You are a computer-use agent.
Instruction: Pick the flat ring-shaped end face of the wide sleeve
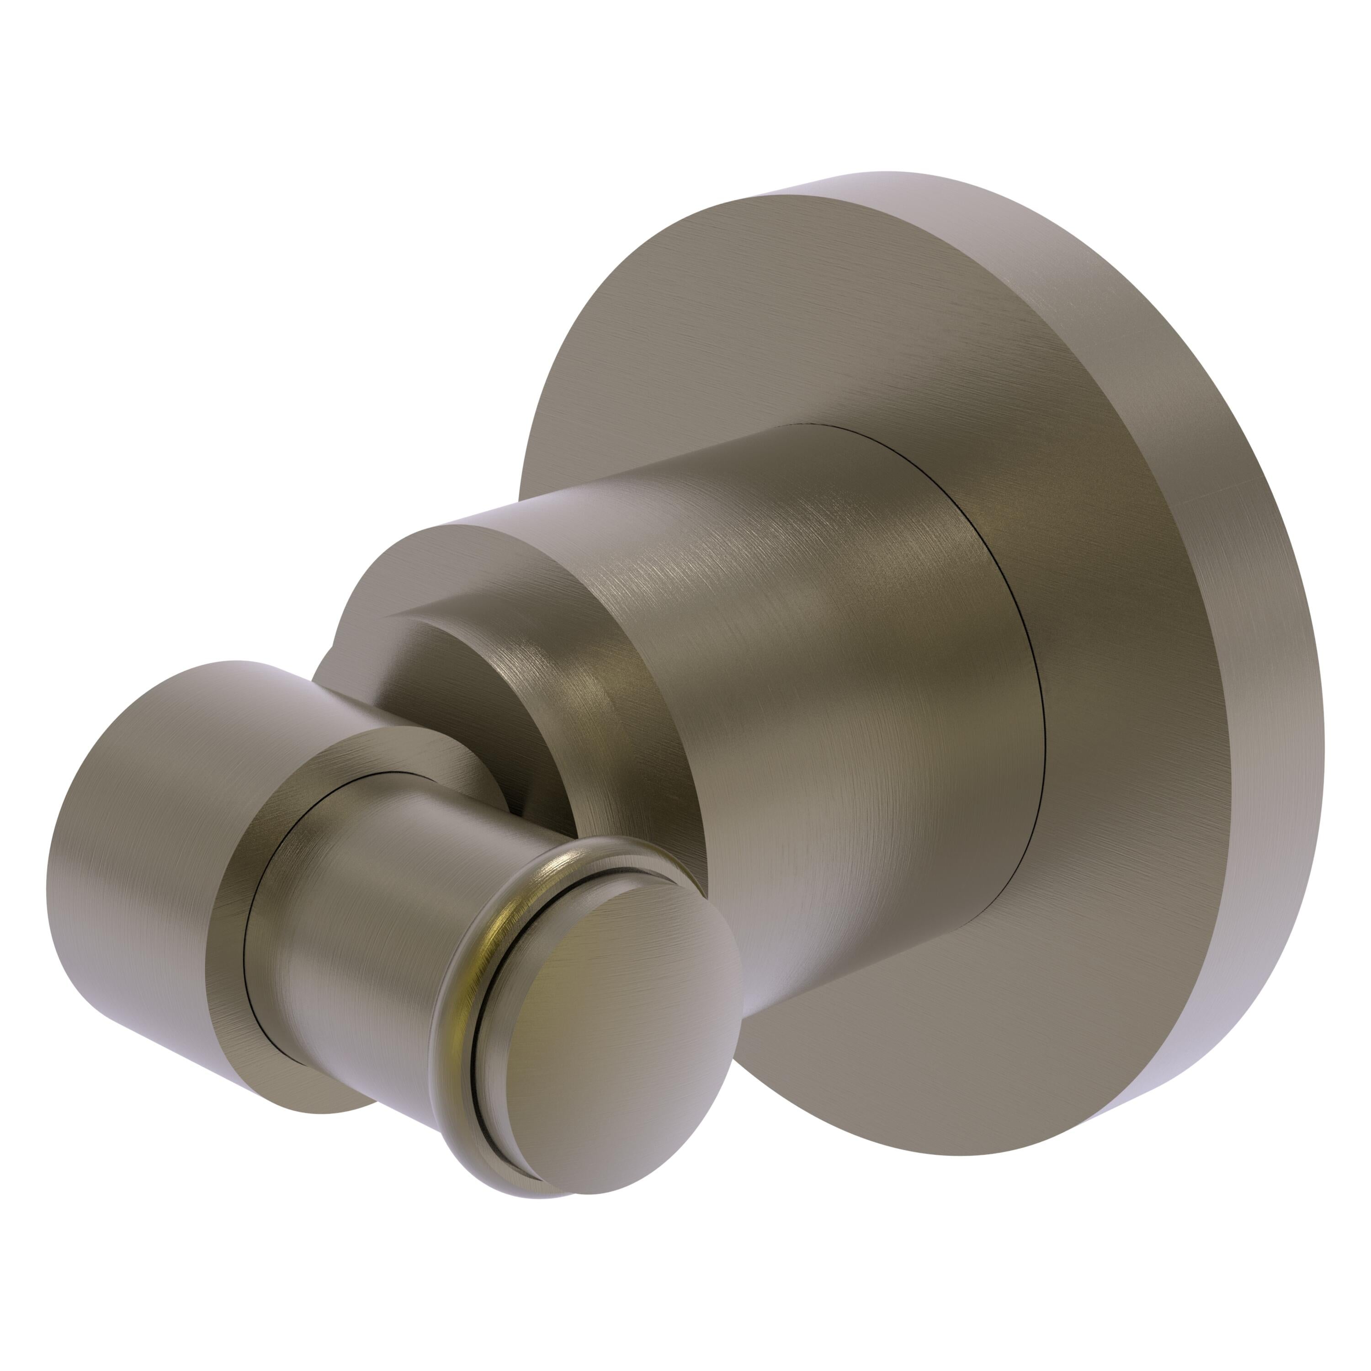pyautogui.click(x=234, y=873)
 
